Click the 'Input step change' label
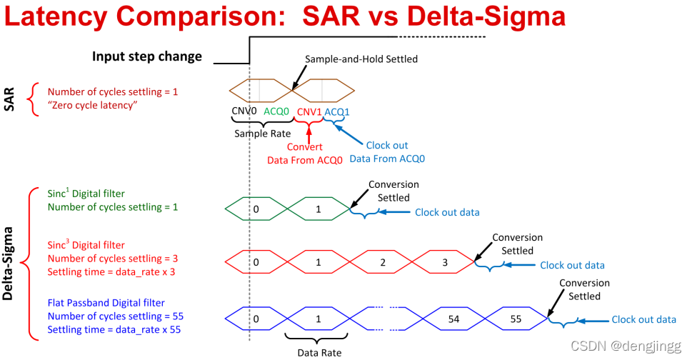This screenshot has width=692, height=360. [x=146, y=56]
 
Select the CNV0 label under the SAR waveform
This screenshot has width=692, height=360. [x=245, y=111]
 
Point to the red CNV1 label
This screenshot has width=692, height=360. [x=309, y=111]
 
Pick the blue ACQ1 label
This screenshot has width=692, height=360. [x=337, y=112]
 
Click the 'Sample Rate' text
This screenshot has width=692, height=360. [x=262, y=134]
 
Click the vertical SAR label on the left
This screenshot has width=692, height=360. [x=10, y=99]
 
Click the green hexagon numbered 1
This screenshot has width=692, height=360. [x=319, y=209]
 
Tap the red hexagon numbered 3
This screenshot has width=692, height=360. [x=444, y=262]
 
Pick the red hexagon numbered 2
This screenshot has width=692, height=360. [x=383, y=262]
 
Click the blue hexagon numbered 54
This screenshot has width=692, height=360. [x=453, y=317]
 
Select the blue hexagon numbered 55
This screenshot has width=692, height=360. [x=515, y=317]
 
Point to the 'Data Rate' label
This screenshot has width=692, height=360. [x=318, y=351]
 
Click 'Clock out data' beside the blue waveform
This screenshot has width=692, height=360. [x=643, y=319]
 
